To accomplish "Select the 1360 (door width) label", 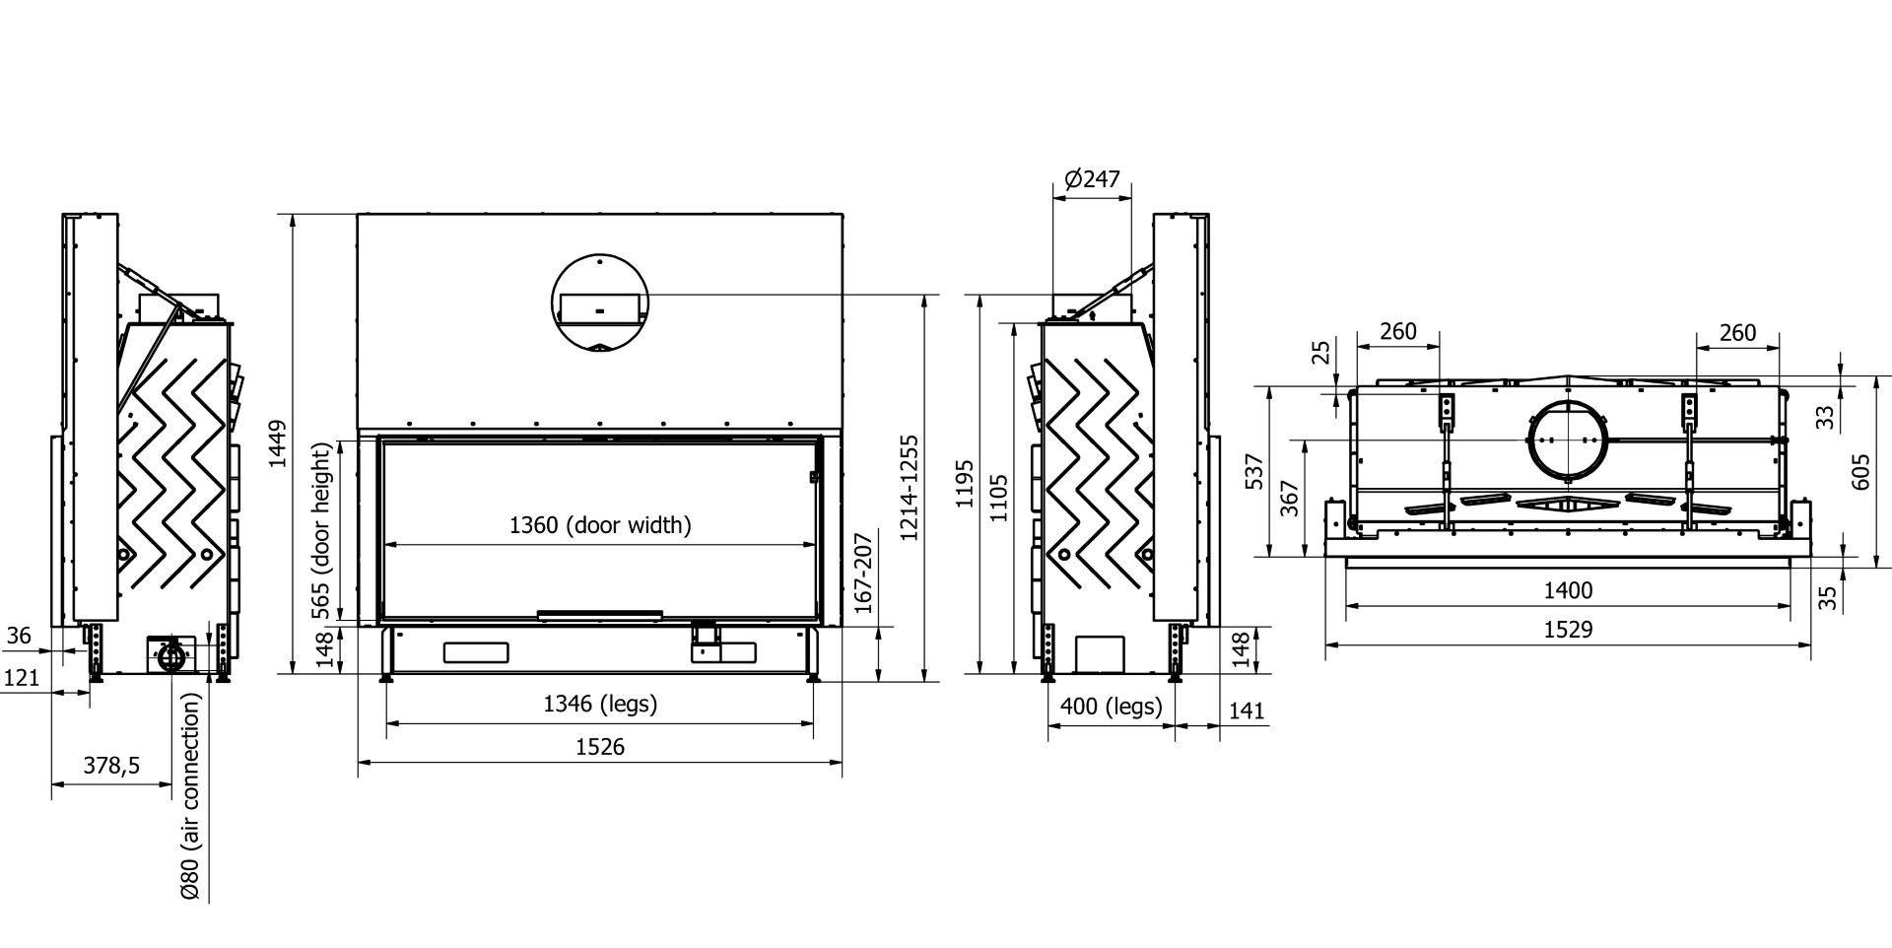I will (600, 525).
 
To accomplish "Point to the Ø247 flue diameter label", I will (1092, 179).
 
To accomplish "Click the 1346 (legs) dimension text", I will (600, 704).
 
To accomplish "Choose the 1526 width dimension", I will (600, 746).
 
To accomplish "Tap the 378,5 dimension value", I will (111, 766).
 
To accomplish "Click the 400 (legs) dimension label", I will (1111, 707).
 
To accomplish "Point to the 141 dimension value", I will (1247, 711).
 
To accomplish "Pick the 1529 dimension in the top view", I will (1568, 629).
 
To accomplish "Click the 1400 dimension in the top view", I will (1568, 590).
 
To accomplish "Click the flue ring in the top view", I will (1567, 440).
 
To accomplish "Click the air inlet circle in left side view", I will (170, 654).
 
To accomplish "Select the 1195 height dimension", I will (966, 483).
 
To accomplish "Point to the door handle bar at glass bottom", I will (600, 615).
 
